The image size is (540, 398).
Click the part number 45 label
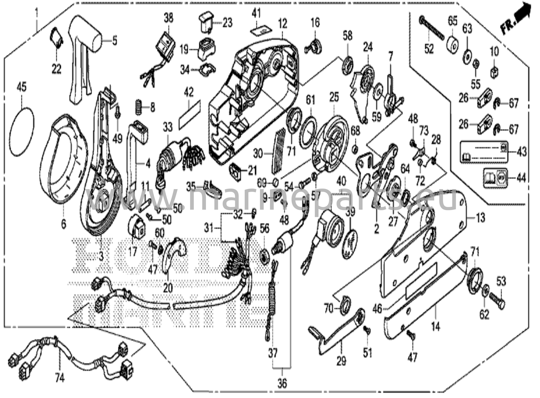pos(22,87)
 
